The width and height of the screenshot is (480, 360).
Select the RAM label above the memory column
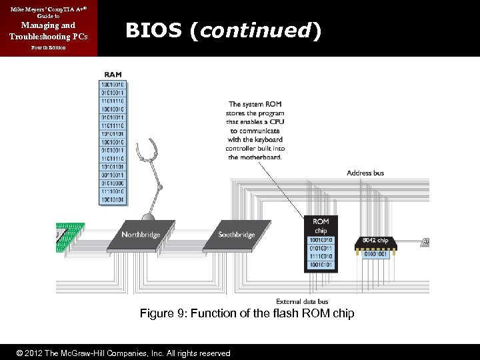click(x=113, y=74)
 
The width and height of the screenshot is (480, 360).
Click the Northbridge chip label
click(x=141, y=235)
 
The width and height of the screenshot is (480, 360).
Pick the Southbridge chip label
click(x=237, y=235)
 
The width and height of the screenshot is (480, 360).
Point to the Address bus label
click(x=365, y=173)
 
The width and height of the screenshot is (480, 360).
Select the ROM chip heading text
click(x=321, y=226)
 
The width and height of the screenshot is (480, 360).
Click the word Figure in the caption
click(x=156, y=314)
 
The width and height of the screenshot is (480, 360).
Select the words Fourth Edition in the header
click(x=47, y=49)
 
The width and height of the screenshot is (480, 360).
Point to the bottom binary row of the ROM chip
click(x=321, y=265)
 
